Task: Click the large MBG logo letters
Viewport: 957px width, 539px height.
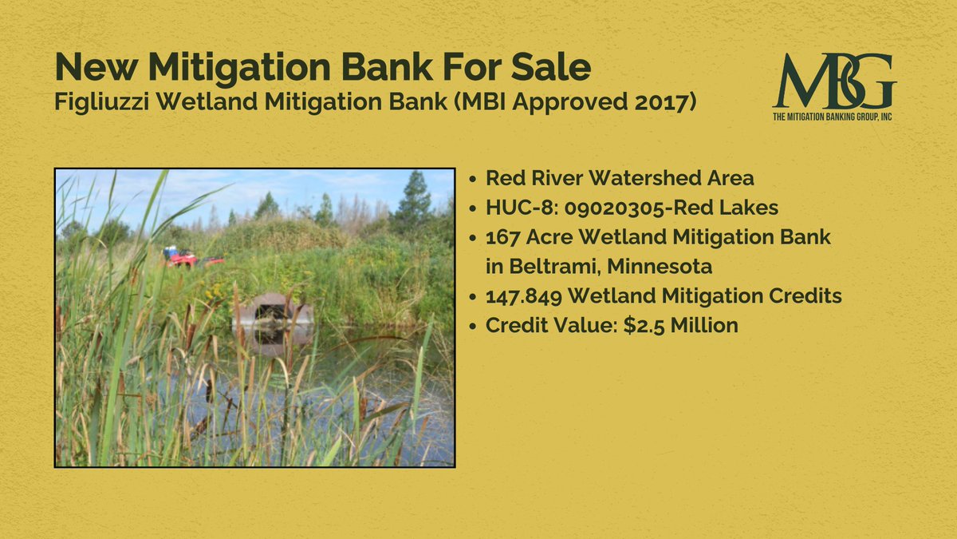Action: coord(833,81)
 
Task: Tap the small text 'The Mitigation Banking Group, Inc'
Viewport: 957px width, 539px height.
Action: coord(834,117)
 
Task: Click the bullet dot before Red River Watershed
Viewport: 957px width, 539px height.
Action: coord(475,178)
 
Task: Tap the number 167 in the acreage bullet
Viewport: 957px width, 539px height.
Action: coord(503,237)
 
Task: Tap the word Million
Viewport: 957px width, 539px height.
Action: coord(702,326)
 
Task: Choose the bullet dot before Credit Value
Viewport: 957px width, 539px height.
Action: coord(475,326)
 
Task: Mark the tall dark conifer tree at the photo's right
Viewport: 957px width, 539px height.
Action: coord(414,204)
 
